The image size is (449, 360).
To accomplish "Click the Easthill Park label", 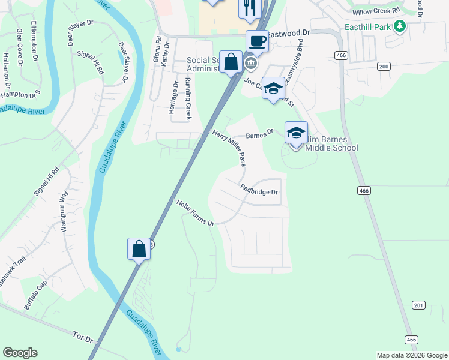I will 367,28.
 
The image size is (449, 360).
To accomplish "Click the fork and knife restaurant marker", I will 249,8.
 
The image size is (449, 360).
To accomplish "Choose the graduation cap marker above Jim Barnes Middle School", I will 296,133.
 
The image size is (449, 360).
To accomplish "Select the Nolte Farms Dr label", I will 196,213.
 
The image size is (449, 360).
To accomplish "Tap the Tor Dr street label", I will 83,337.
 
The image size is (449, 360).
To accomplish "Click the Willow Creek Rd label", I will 376,11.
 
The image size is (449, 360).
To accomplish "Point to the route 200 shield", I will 383,66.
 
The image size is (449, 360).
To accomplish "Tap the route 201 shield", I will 418,305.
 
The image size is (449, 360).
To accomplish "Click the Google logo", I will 20,353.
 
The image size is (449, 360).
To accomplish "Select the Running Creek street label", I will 188,98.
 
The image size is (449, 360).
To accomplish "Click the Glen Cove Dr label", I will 20,45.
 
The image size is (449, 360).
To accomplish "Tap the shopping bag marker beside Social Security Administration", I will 231,62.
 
